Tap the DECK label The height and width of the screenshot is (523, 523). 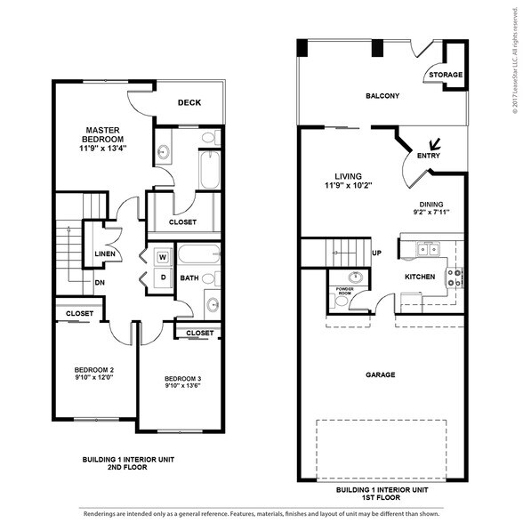click(x=189, y=102)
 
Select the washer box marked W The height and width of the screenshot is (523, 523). click(x=163, y=258)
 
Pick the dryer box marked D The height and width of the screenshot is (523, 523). click(x=163, y=277)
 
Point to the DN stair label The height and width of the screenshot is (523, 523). click(x=101, y=284)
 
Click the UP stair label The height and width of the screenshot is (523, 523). click(x=377, y=253)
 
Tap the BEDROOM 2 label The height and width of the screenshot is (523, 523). click(x=93, y=370)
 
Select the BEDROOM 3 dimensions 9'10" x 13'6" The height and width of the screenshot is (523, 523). click(x=182, y=386)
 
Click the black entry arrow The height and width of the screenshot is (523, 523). click(x=436, y=143)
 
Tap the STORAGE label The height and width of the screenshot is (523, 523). click(x=446, y=75)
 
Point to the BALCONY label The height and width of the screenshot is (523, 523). click(x=382, y=96)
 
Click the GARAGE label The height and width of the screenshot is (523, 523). click(x=380, y=374)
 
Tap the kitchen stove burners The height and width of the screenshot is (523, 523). click(x=454, y=278)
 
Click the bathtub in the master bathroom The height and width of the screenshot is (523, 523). click(x=210, y=169)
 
